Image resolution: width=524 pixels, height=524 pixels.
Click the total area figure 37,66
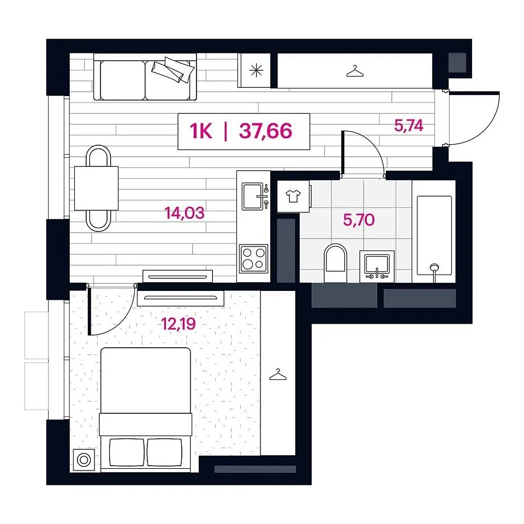pyautogui.click(x=266, y=130)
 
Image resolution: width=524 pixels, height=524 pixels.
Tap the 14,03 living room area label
pyautogui.click(x=184, y=213)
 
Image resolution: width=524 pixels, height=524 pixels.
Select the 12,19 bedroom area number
pyautogui.click(x=178, y=324)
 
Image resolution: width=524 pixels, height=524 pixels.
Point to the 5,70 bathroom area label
pyautogui.click(x=359, y=220)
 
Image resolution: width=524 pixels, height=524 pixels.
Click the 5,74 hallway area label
pyautogui.click(x=409, y=126)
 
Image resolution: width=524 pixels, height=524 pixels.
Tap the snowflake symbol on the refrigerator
pyautogui.click(x=257, y=70)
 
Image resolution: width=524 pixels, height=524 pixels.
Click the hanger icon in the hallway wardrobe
pyautogui.click(x=355, y=71)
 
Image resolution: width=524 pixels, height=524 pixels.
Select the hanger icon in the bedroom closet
pyautogui.click(x=278, y=374)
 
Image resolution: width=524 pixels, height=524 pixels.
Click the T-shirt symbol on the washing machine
pyautogui.click(x=293, y=196)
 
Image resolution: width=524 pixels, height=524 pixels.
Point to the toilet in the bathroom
pyautogui.click(x=336, y=263)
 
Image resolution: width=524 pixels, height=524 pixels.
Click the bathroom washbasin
pyautogui.click(x=377, y=266)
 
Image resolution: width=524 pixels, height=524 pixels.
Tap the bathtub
pyautogui.click(x=434, y=236)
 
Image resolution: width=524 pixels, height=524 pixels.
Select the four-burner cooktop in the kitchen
pyautogui.click(x=253, y=259)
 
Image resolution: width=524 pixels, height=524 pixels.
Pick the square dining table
pyautogui.click(x=96, y=188)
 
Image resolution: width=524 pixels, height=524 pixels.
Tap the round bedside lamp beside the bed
pyautogui.click(x=84, y=460)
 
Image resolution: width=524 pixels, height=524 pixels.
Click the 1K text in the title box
pyautogui.click(x=201, y=130)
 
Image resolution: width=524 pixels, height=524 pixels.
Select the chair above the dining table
pyautogui.click(x=98, y=156)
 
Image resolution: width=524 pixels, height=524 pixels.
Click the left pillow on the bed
pyautogui.click(x=127, y=452)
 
